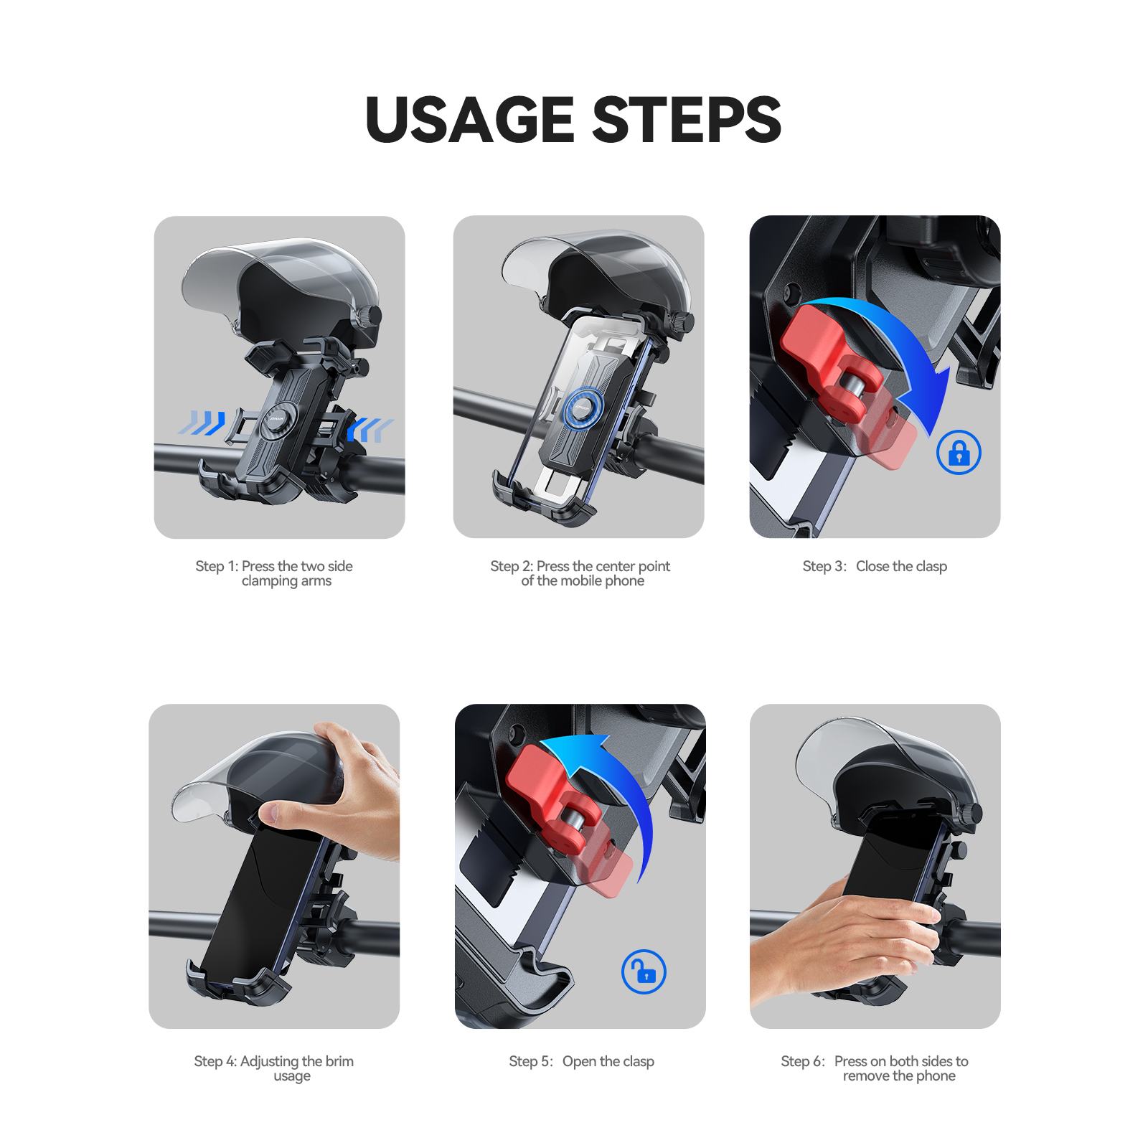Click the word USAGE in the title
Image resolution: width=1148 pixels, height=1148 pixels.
(x=470, y=119)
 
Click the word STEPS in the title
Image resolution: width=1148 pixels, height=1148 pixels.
(x=687, y=119)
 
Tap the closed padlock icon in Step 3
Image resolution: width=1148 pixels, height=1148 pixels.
(x=959, y=453)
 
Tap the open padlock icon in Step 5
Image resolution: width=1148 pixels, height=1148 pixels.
(x=644, y=971)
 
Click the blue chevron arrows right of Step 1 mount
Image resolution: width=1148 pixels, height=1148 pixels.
(x=370, y=430)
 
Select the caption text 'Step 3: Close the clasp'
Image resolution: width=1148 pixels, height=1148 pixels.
(x=875, y=566)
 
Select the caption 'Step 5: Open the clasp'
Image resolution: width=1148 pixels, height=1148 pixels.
(x=581, y=1061)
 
